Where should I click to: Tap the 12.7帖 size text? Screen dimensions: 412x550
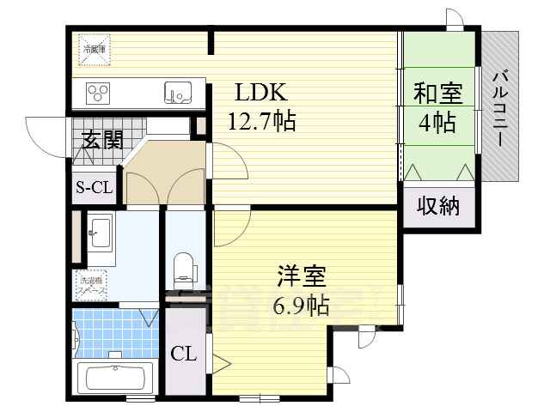point(261,121)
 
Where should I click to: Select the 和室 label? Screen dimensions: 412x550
point(436,92)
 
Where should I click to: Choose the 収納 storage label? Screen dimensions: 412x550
point(438,206)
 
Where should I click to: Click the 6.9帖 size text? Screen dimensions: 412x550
point(301,305)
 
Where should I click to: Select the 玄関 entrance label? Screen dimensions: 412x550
point(102,140)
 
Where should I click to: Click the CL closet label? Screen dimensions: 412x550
point(184,353)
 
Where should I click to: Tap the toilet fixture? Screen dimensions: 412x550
point(185,270)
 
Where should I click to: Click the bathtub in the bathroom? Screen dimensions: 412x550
point(114,377)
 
